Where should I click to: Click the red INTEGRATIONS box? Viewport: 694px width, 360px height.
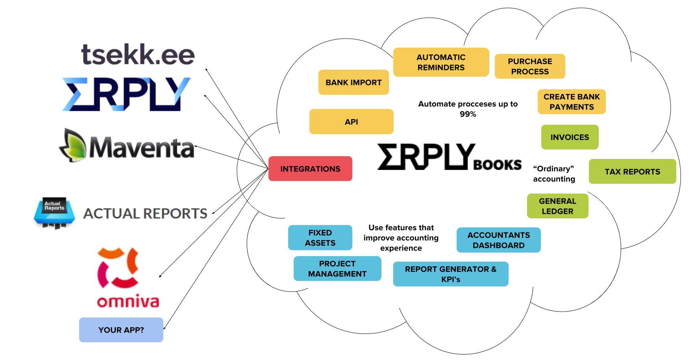(310, 169)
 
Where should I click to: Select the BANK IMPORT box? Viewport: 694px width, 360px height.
(353, 82)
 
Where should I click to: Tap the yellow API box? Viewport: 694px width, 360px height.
(351, 122)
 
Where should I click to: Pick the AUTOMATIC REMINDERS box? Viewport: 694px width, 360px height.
(441, 62)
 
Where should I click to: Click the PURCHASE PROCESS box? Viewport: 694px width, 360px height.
(530, 66)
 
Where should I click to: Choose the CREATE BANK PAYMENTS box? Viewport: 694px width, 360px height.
(572, 102)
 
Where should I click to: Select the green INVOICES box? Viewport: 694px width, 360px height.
(570, 137)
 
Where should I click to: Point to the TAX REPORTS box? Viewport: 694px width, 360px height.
(632, 172)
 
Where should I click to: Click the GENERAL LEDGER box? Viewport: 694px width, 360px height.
(557, 206)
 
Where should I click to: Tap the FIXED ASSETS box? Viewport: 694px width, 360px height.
(320, 238)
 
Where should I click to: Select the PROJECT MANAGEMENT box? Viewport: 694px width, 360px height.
(337, 269)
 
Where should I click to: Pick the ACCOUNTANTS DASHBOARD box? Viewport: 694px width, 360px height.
(498, 240)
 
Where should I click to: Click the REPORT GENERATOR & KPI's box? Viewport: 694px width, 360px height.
(451, 274)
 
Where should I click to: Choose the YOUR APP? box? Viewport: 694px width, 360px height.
(121, 330)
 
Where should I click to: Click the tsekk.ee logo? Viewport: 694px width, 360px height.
(138, 55)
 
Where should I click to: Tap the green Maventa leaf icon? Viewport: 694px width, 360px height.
(73, 146)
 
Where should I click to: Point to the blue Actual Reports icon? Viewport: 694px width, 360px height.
(54, 212)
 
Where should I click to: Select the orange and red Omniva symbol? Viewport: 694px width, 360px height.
(117, 268)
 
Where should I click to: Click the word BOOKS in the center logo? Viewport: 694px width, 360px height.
(498, 164)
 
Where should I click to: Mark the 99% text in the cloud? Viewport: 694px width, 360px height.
(468, 114)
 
